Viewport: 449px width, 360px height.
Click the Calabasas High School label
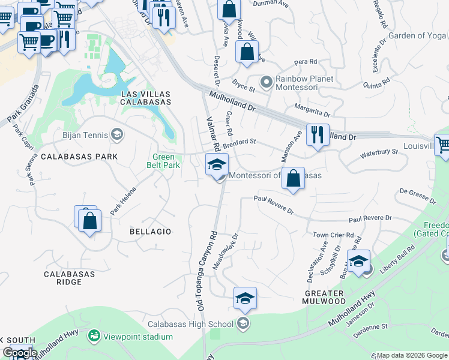pos(203,325)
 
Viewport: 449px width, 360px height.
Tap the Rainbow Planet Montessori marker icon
pos(265,81)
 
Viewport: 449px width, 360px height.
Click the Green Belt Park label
pos(164,161)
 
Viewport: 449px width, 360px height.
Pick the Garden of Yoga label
pos(418,35)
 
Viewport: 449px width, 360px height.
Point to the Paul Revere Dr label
pos(370,218)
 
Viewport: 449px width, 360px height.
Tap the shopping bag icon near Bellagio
pos(89,220)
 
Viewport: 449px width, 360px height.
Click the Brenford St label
pos(240,143)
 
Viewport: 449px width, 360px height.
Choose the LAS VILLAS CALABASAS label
pos(146,98)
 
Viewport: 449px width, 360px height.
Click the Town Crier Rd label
pos(333,235)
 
